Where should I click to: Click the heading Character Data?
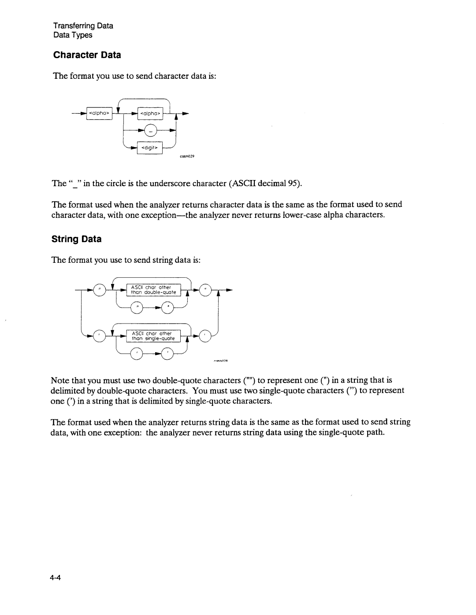87,55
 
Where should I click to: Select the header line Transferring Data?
83,26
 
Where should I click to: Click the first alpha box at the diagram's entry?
100,114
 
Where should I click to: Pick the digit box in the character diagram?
150,148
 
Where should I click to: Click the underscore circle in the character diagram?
151,131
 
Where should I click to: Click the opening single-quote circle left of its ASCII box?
100,337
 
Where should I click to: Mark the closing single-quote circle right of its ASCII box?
205,337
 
